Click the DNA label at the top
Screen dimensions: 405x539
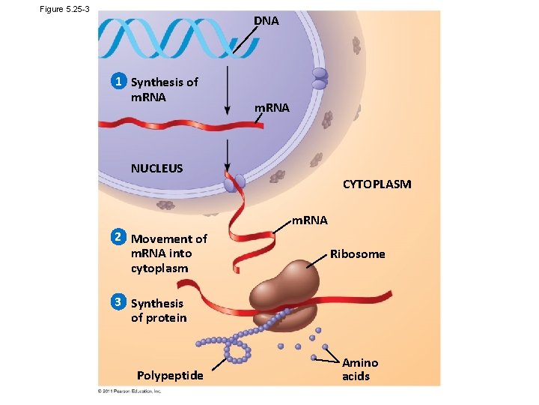coord(266,21)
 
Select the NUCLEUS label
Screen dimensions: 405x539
coord(156,168)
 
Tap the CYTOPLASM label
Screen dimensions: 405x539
coord(377,184)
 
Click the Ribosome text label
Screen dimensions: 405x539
coord(357,254)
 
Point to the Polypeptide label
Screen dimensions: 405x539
coord(169,375)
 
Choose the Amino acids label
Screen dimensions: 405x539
coord(359,369)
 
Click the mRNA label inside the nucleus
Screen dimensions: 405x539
coord(271,108)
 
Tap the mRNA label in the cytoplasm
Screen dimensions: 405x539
coord(309,220)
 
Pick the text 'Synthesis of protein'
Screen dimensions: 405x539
coord(159,310)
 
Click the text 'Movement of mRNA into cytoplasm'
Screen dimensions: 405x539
coord(168,253)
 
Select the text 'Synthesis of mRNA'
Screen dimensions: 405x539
coord(164,89)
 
